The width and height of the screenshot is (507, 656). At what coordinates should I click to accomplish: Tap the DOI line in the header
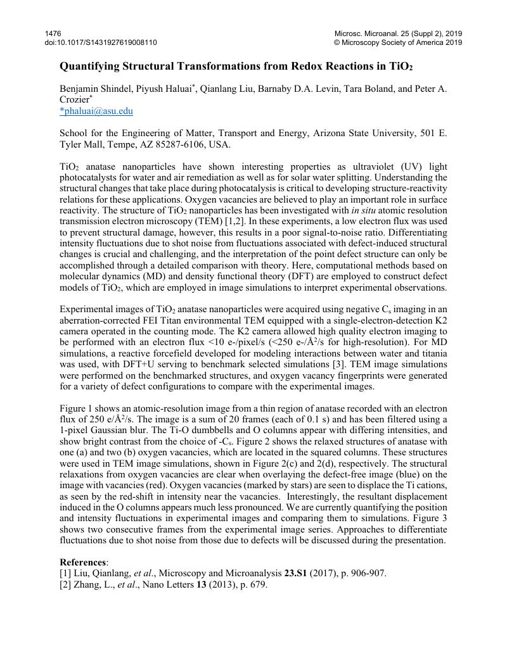[x=101, y=43]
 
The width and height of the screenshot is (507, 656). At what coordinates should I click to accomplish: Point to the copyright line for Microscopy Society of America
[x=398, y=43]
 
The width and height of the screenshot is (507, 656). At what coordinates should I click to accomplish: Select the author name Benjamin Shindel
[x=91, y=89]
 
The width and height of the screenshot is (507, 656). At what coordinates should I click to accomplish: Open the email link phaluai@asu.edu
[x=98, y=111]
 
